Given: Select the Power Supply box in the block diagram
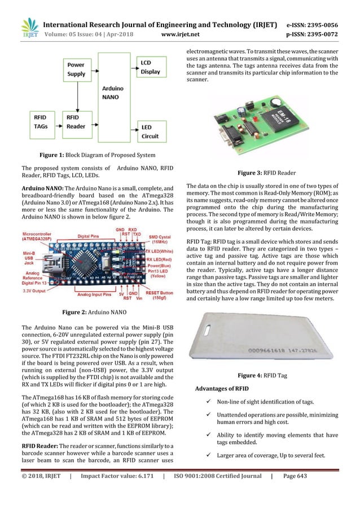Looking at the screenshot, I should [x=76, y=69].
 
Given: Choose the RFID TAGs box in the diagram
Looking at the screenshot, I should [x=41, y=122].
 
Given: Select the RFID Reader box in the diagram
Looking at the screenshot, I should [x=76, y=122].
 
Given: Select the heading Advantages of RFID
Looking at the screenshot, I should [x=221, y=389].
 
